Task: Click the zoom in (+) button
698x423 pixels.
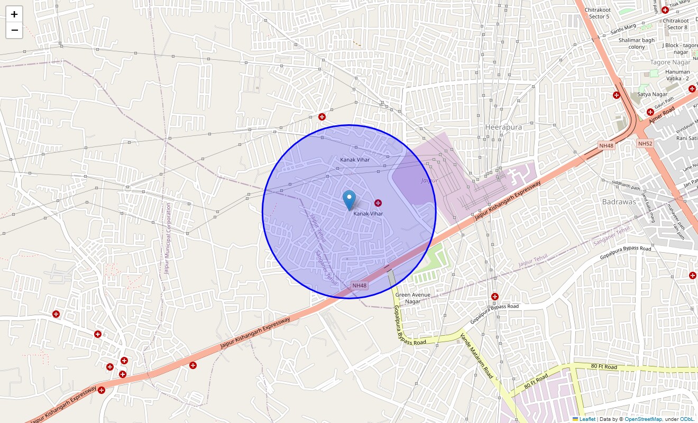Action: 14,14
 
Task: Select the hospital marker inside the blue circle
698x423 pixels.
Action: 378,203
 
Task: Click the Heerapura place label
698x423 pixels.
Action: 503,127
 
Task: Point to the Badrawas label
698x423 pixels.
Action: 619,202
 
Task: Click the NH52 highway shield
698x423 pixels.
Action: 645,144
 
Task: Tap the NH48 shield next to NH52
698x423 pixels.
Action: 606,145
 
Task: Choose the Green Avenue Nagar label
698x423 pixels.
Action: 413,298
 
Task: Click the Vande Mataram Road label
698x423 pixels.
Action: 476,356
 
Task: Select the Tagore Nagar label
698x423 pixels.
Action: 670,62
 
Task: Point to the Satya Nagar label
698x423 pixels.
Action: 652,95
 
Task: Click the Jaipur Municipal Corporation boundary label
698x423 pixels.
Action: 167,238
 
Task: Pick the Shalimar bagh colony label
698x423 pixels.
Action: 637,43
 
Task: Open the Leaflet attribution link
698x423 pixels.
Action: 587,419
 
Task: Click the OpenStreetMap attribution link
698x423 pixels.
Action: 643,419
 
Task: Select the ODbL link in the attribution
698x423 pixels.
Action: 687,419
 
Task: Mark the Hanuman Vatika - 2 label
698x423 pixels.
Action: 677,75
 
